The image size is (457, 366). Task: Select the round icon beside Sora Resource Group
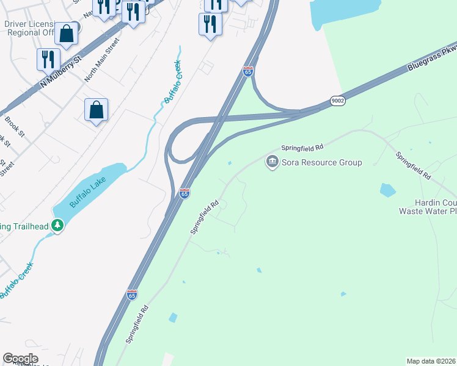pyautogui.click(x=272, y=162)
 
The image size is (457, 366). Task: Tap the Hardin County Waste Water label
pyautogui.click(x=428, y=207)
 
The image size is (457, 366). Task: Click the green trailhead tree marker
pyautogui.click(x=58, y=226)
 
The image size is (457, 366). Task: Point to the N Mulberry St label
pyautogui.click(x=60, y=72)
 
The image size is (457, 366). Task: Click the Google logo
pyautogui.click(x=20, y=359)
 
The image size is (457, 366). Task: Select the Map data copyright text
pyautogui.click(x=431, y=361)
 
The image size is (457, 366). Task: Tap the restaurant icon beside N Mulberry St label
pyautogui.click(x=48, y=59)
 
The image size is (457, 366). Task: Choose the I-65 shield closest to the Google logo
pyautogui.click(x=132, y=295)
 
